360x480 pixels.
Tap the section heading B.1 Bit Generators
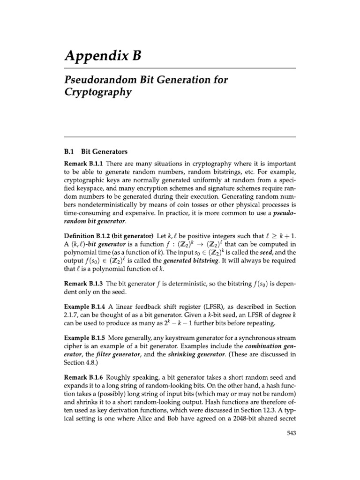coord(96,152)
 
